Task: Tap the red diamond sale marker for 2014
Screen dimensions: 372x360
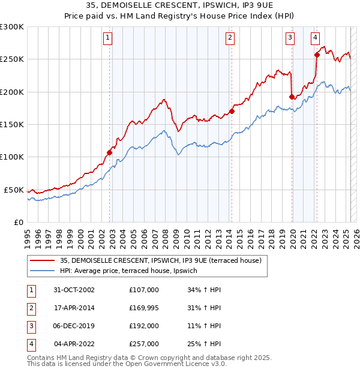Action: click(x=232, y=111)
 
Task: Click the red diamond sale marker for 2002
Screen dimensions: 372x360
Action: click(x=110, y=152)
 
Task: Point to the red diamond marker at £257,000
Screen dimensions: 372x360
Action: click(x=317, y=55)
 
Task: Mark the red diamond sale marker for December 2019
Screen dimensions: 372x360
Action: click(x=292, y=97)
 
